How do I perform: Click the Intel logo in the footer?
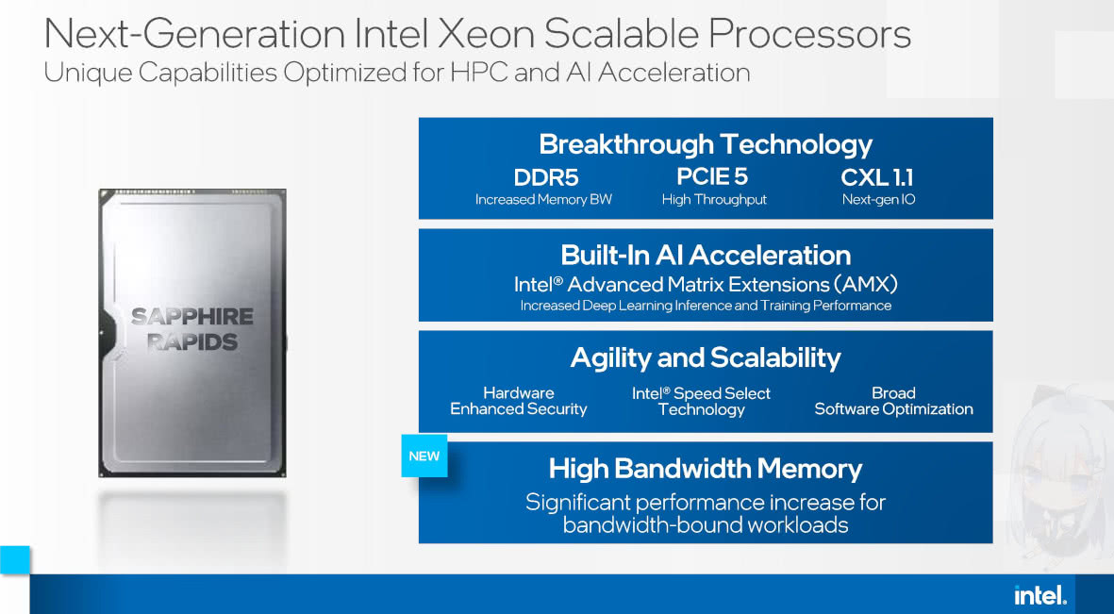click(1040, 595)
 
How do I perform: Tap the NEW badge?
click(424, 456)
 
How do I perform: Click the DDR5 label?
click(545, 177)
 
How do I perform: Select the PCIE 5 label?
click(714, 176)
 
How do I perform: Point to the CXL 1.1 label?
click(877, 177)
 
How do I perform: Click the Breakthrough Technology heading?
click(706, 144)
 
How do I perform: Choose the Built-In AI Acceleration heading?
click(706, 255)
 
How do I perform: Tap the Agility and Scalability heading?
click(706, 357)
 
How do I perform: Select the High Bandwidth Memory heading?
click(706, 469)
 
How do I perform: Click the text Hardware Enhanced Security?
click(519, 401)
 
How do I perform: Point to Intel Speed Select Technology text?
click(701, 401)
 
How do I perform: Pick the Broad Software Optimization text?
click(893, 401)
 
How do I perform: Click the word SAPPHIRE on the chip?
click(192, 317)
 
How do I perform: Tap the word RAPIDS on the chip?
click(192, 341)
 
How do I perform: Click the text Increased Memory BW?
click(543, 200)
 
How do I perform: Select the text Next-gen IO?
click(878, 200)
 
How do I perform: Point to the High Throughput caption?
click(714, 200)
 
